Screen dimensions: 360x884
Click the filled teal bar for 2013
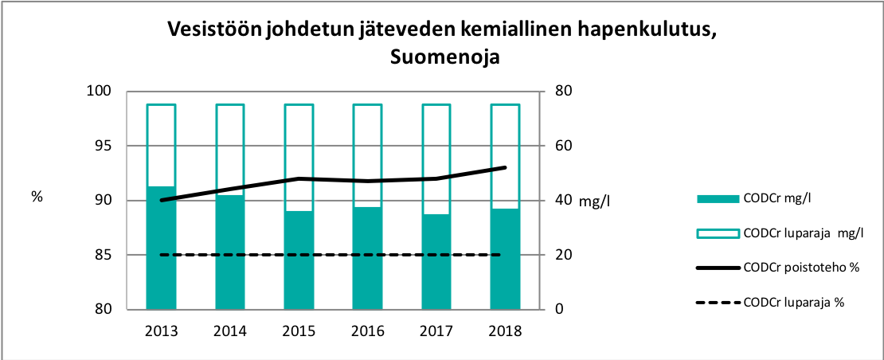coord(161,248)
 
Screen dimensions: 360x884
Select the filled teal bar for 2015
coord(299,260)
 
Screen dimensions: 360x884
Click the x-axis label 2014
coord(230,331)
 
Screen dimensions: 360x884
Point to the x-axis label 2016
coord(367,331)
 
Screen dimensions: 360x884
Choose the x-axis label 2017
coord(436,331)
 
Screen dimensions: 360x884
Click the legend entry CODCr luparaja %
coord(792,303)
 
